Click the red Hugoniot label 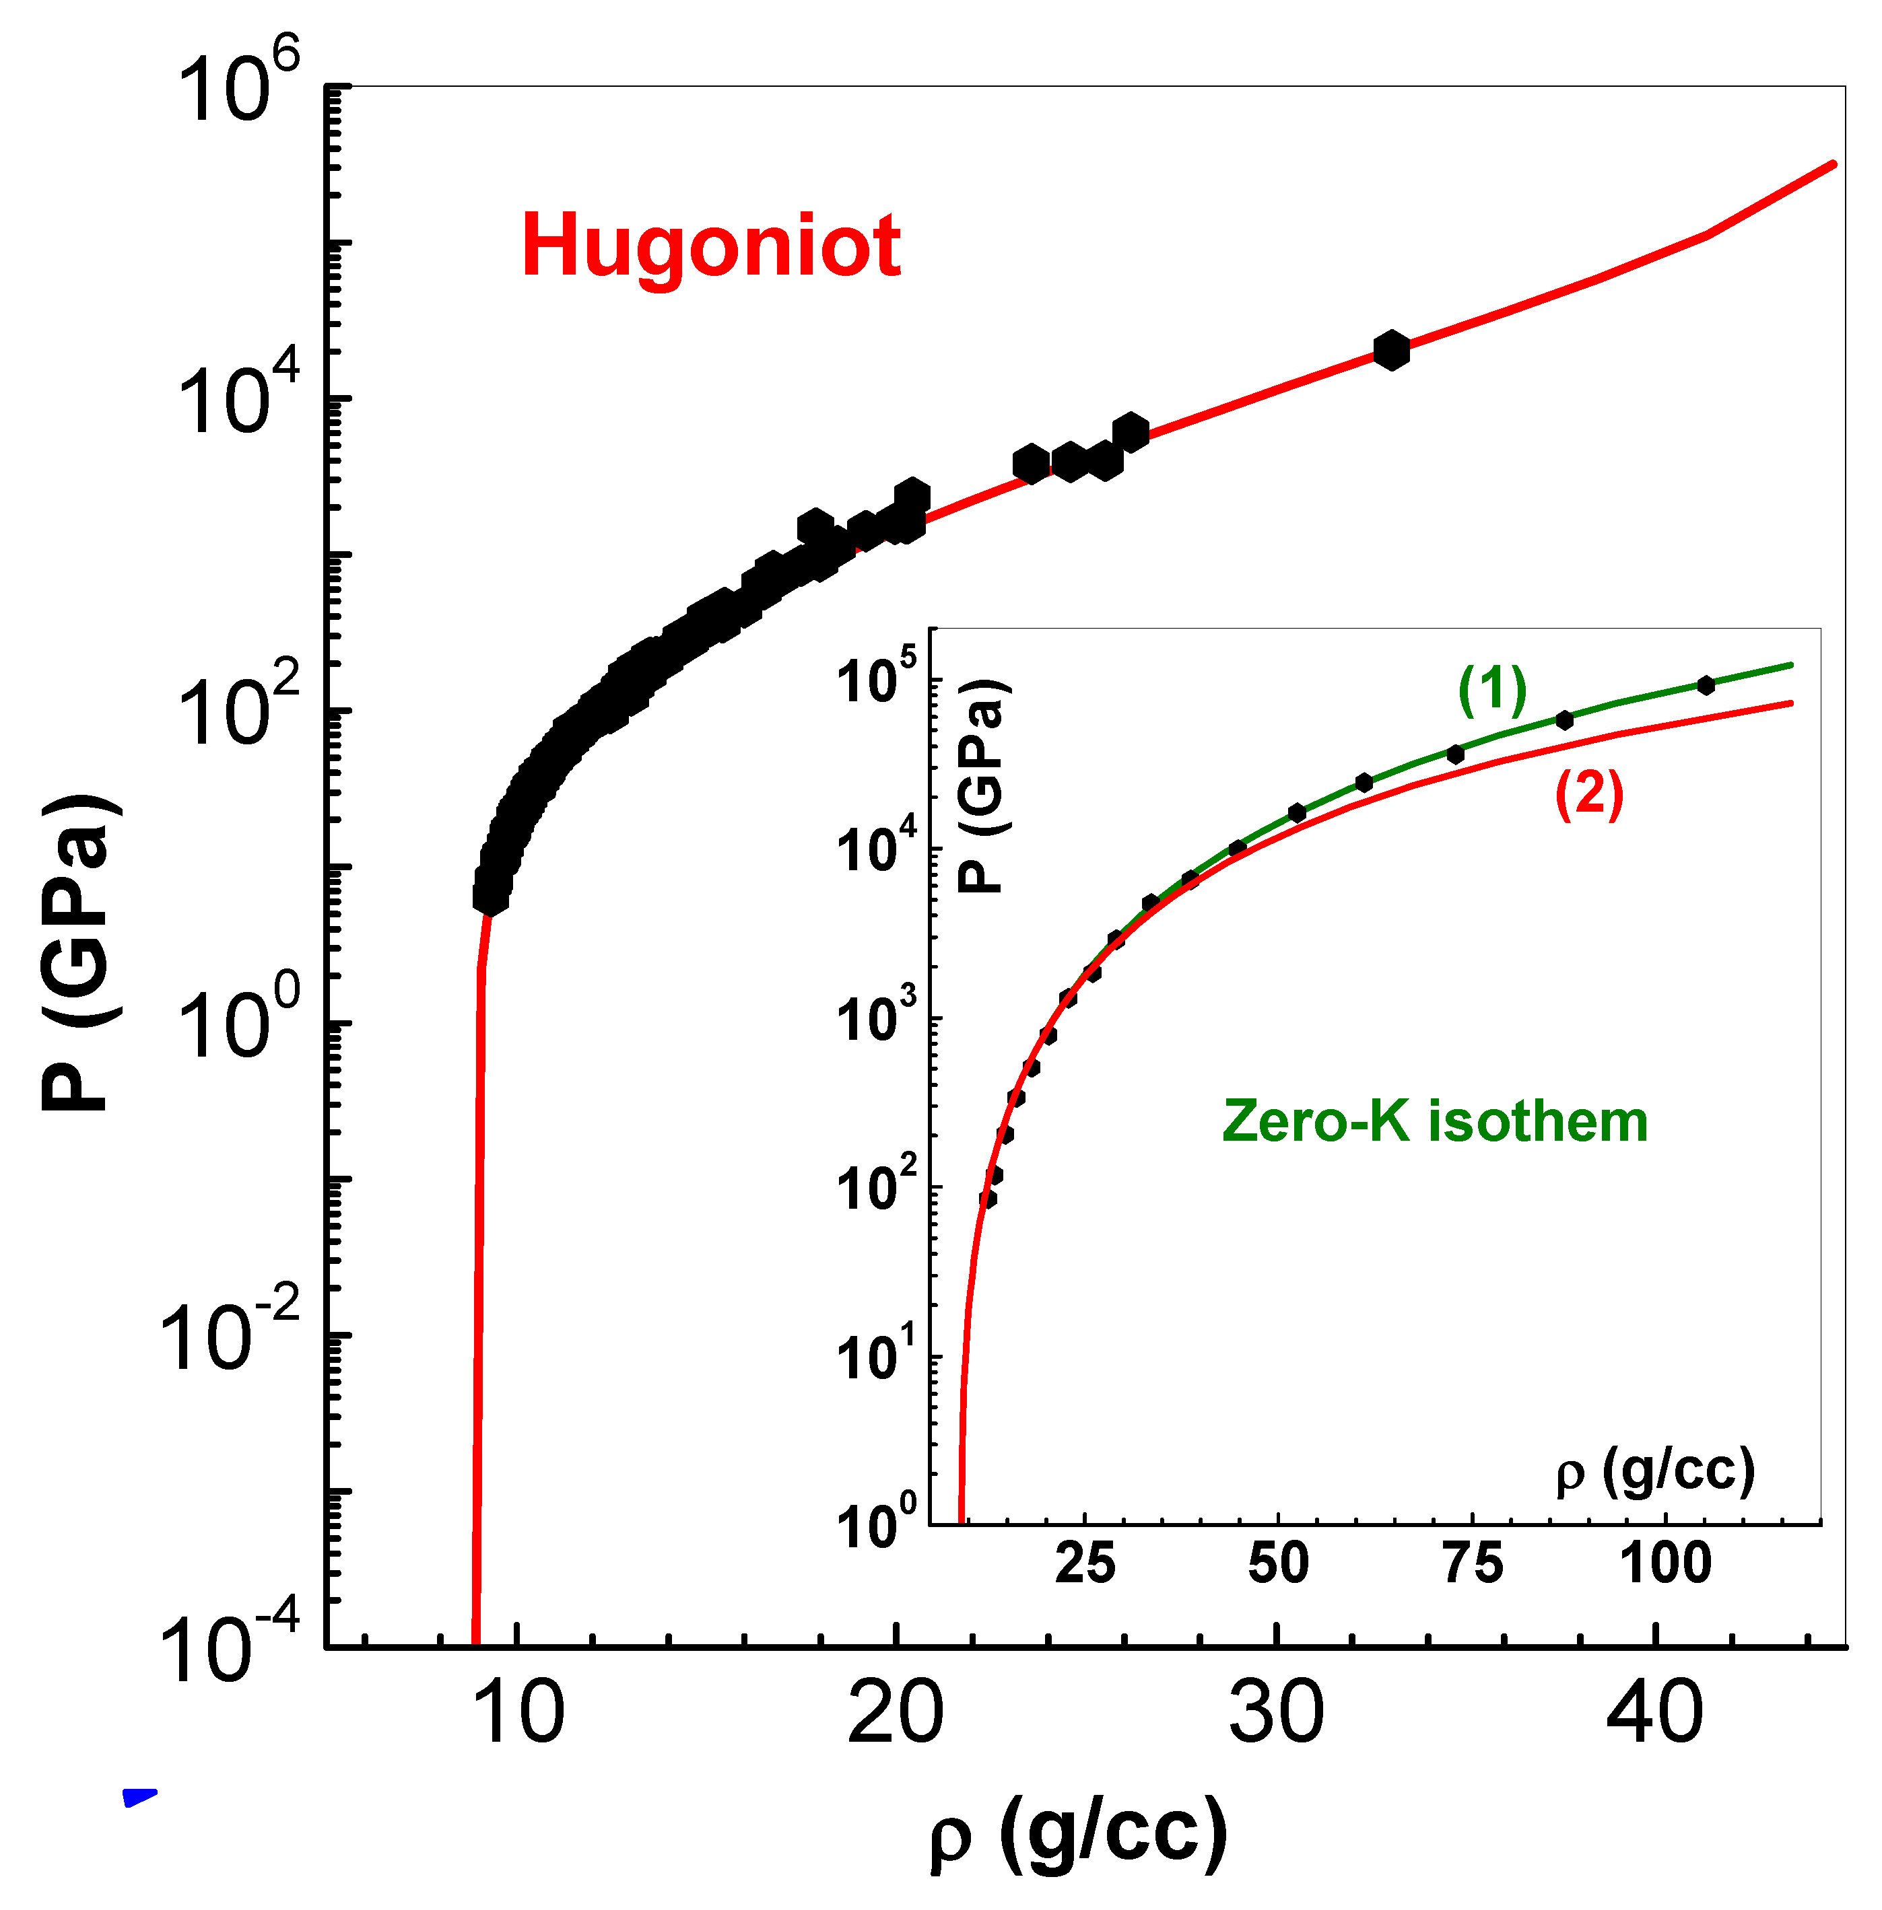[710, 247]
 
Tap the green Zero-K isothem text [1434, 1123]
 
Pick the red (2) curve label [1589, 793]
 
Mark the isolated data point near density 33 [1390, 351]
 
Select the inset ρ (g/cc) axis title [1654, 1473]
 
